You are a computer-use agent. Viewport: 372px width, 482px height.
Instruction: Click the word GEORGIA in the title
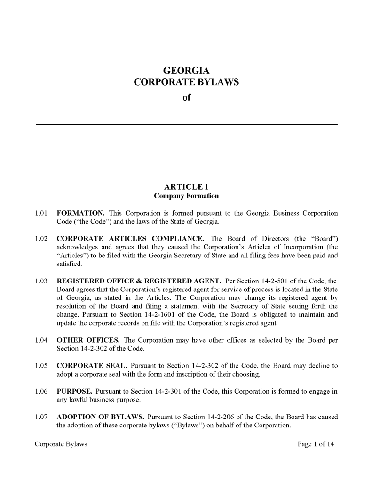[x=186, y=71]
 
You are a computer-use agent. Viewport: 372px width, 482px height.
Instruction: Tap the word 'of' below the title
[x=186, y=98]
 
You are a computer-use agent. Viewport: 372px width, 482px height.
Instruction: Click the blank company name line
[x=186, y=123]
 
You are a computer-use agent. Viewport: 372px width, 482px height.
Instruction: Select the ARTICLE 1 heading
[x=186, y=186]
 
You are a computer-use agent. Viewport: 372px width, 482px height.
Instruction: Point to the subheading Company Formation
[x=186, y=195]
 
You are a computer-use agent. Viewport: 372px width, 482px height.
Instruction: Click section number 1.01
[x=42, y=213]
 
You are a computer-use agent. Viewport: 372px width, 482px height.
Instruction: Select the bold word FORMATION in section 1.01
[x=77, y=213]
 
